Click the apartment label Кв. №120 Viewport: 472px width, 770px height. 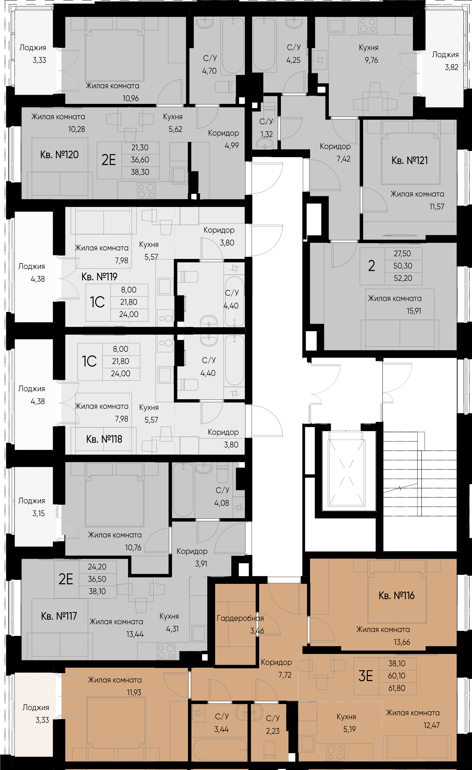coord(59,155)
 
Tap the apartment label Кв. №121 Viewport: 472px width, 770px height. coord(409,161)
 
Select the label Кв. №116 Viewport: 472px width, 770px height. coord(396,596)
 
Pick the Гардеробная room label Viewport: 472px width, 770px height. coord(240,618)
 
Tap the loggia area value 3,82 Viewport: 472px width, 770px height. coord(451,67)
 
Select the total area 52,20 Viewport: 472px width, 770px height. coord(403,278)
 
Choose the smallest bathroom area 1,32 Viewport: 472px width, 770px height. coord(267,134)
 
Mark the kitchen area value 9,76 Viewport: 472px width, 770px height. coord(371,60)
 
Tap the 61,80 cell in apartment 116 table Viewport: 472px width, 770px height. coord(396,688)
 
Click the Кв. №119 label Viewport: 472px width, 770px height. coord(99,277)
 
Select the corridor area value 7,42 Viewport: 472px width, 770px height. coord(343,159)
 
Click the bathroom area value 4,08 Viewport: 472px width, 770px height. coord(221,503)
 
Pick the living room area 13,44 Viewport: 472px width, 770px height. coord(135,634)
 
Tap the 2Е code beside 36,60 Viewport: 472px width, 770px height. coord(108,160)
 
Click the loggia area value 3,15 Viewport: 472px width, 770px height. coord(39,513)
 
